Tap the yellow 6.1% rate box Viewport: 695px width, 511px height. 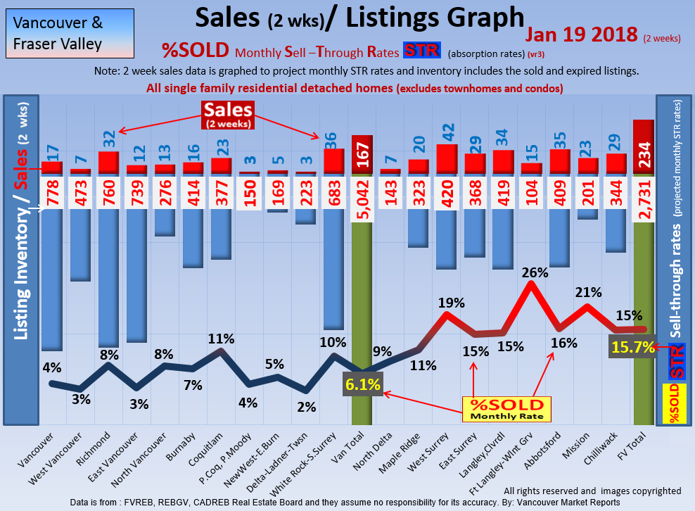[363, 384]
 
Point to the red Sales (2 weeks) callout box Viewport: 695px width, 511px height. [228, 115]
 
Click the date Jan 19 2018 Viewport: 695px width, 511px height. [579, 36]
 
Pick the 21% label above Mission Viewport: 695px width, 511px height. [587, 291]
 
